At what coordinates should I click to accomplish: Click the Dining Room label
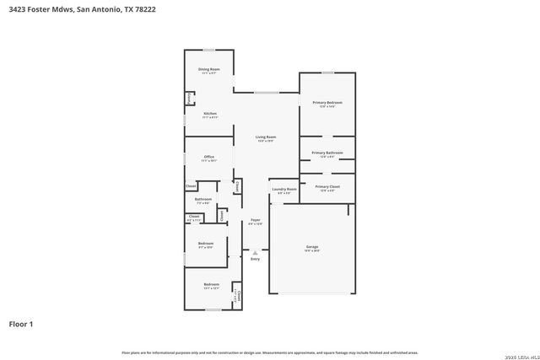pyautogui.click(x=209, y=69)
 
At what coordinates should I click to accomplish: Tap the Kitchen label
pyautogui.click(x=209, y=113)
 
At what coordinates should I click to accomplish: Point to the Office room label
pyautogui.click(x=209, y=157)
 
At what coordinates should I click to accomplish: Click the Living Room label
pyautogui.click(x=267, y=137)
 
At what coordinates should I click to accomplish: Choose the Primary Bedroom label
pyautogui.click(x=327, y=103)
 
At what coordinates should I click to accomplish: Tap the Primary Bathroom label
pyautogui.click(x=327, y=153)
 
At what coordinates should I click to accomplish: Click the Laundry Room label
pyautogui.click(x=284, y=190)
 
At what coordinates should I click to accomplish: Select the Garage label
pyautogui.click(x=312, y=248)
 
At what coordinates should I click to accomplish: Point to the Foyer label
pyautogui.click(x=255, y=221)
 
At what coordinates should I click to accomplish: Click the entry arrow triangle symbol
pyautogui.click(x=255, y=251)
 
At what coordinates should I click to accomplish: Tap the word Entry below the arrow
pyautogui.click(x=255, y=259)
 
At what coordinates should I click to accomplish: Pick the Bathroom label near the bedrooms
pyautogui.click(x=203, y=200)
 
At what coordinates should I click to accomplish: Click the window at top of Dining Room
pyautogui.click(x=208, y=50)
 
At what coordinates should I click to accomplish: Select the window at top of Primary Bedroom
pyautogui.click(x=327, y=73)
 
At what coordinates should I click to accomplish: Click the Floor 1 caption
pyautogui.click(x=21, y=324)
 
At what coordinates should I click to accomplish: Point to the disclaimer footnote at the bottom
pyautogui.click(x=270, y=352)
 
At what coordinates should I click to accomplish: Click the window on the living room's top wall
pyautogui.click(x=267, y=93)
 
